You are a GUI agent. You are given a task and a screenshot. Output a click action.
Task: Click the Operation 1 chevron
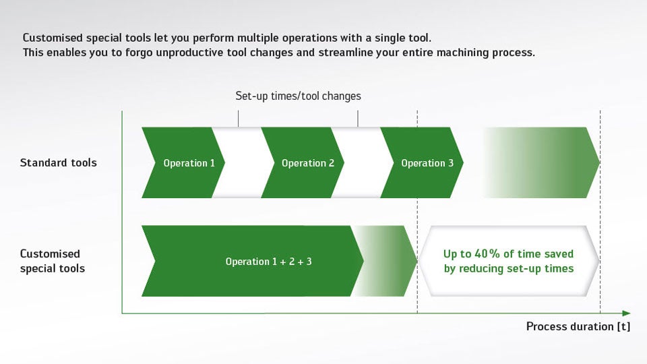[x=183, y=162]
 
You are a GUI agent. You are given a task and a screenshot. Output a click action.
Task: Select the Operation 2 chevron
[x=303, y=162]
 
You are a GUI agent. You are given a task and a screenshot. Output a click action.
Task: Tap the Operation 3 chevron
[x=422, y=162]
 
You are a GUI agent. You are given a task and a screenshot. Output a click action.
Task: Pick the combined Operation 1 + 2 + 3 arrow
[x=253, y=261]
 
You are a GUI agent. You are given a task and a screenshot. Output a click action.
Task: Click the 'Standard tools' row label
[x=58, y=162]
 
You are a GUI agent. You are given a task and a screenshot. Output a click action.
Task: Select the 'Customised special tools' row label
[x=53, y=261]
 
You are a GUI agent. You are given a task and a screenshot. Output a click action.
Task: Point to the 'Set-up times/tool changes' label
[x=298, y=96]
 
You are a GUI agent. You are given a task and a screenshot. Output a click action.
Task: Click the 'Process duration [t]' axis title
[x=578, y=326]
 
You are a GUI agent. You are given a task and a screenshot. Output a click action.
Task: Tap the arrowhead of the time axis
[x=626, y=313]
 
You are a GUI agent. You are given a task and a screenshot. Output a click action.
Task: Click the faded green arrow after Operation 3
[x=541, y=162]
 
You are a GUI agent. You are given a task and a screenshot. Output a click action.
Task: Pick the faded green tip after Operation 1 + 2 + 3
[x=386, y=261]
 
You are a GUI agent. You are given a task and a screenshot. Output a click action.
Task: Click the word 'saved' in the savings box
[x=559, y=254]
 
